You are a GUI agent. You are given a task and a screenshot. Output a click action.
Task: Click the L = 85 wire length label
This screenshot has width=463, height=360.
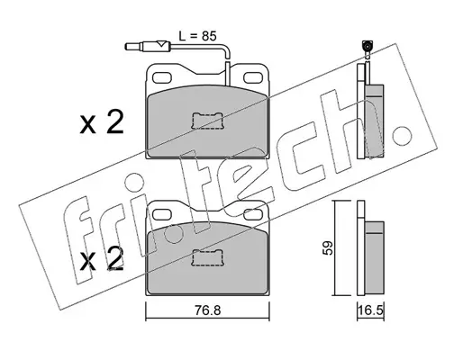197,36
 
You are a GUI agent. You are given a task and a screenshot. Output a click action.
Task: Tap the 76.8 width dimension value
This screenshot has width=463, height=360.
207,310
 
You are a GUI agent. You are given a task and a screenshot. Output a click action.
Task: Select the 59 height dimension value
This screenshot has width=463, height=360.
329,247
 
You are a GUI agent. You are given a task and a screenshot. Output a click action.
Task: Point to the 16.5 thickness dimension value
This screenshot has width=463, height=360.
371,310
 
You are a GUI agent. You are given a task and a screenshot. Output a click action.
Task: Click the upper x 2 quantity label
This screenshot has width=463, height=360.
102,122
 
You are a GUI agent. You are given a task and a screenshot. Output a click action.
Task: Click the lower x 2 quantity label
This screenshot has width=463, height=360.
102,259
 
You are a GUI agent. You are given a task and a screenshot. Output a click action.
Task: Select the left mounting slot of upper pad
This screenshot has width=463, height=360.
163,77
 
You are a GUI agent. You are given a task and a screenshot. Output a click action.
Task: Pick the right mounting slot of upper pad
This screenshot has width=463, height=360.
253,77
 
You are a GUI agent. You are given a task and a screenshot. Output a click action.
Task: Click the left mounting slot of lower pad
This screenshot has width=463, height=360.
163,214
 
